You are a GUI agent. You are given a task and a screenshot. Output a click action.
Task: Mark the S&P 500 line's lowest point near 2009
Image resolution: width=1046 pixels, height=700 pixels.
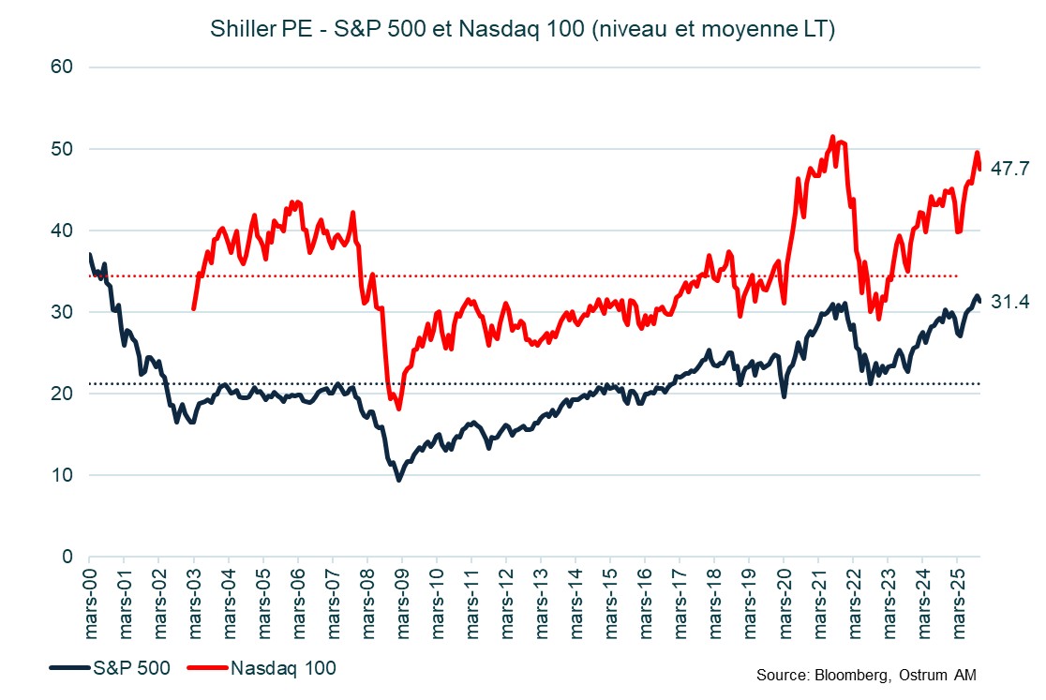point(399,480)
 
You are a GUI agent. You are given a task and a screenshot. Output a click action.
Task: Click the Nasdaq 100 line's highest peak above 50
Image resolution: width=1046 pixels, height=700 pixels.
point(832,137)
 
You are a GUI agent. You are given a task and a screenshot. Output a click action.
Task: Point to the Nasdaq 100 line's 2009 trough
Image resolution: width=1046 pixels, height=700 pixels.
point(399,409)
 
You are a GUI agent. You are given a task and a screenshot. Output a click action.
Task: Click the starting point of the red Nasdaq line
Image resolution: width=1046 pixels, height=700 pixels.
point(193,308)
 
